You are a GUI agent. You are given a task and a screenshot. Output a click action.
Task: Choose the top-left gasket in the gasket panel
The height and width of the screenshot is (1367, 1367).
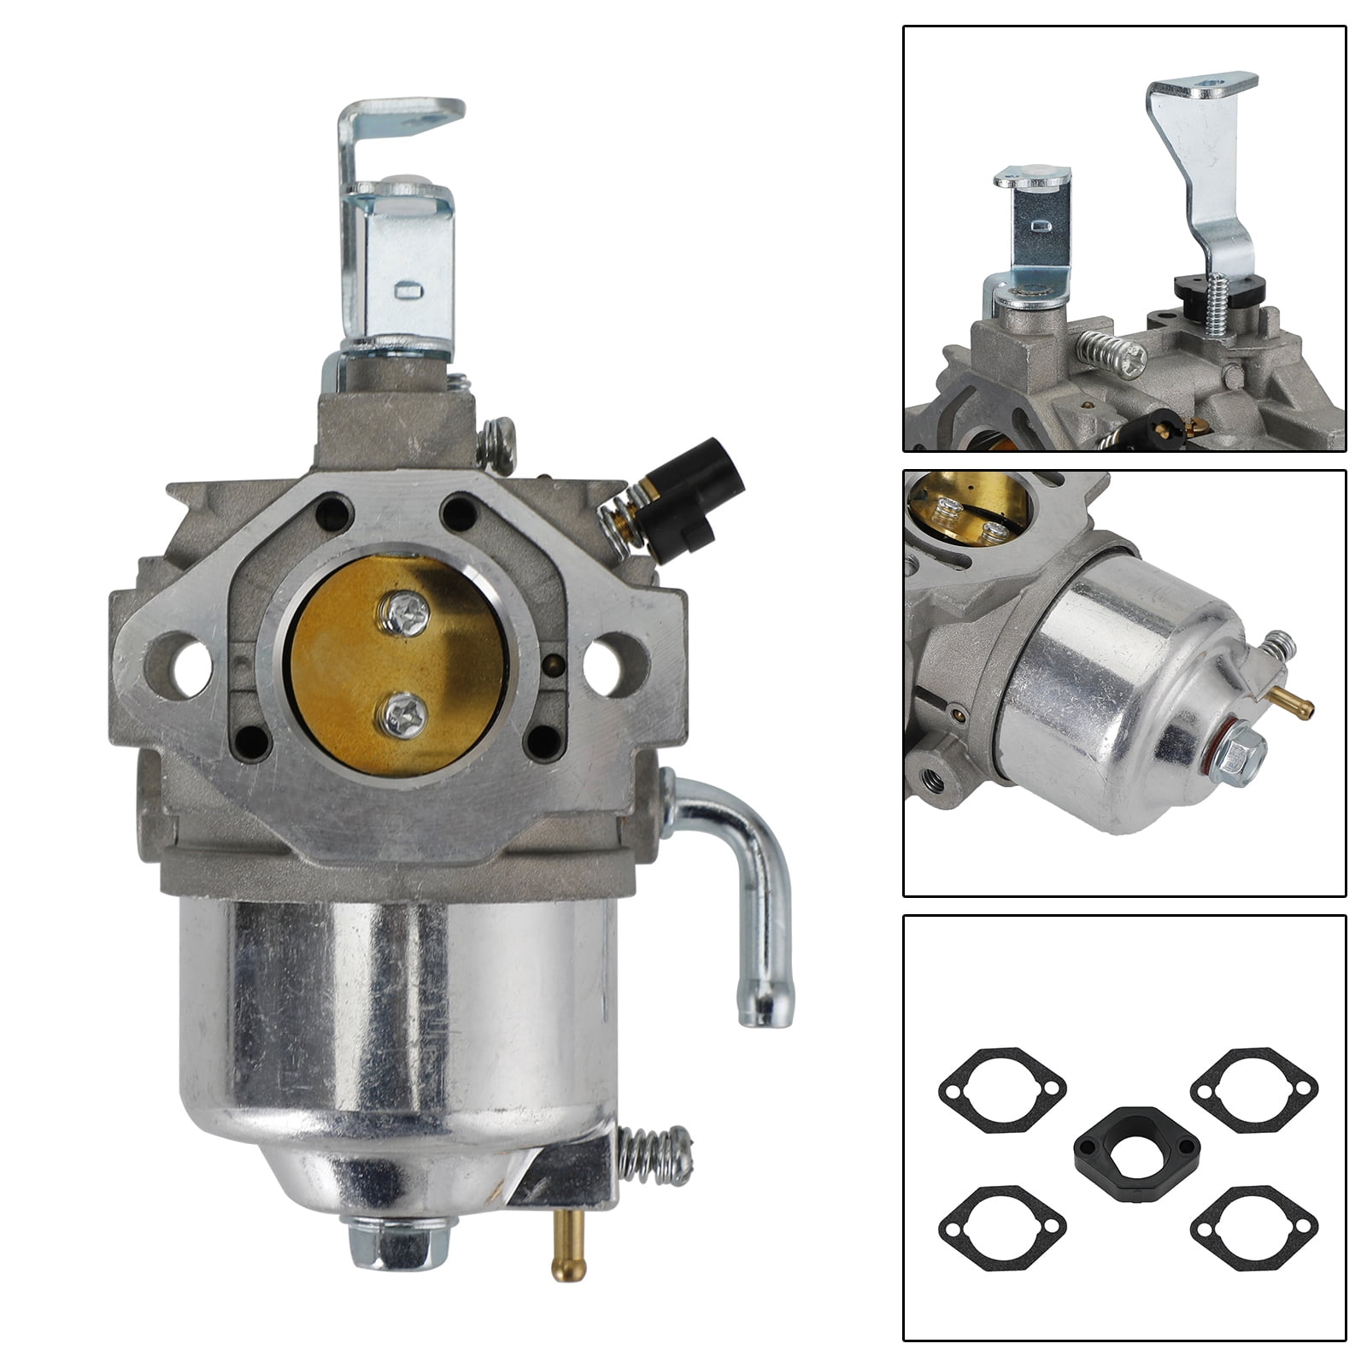tap(1002, 1089)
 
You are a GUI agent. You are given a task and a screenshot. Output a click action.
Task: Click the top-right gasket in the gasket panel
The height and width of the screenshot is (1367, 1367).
tap(1253, 1089)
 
